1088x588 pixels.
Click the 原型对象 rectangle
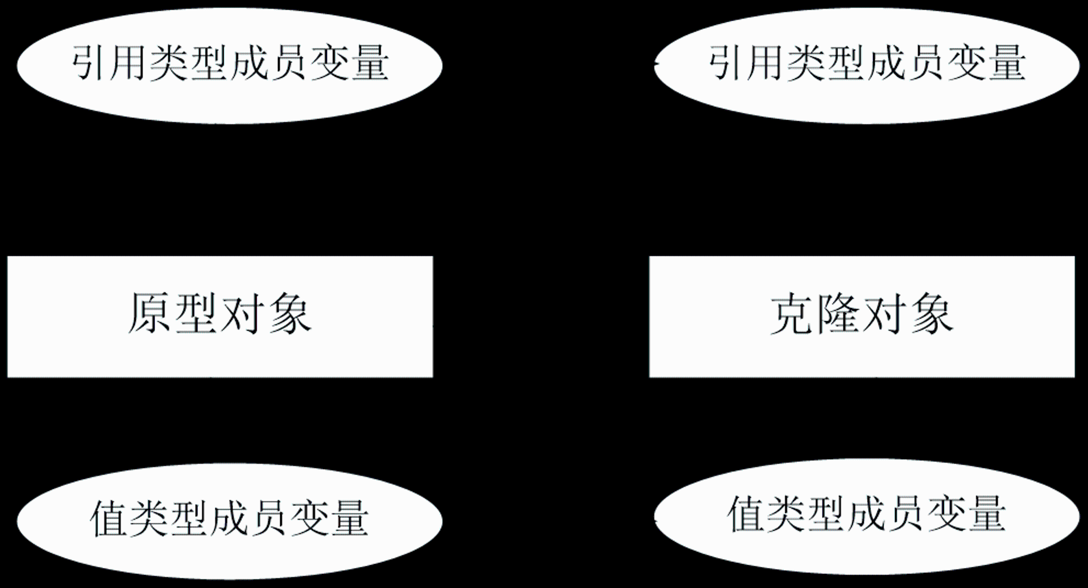220,316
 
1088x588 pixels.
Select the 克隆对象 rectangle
862,316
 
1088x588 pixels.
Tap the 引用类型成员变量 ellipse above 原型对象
230,65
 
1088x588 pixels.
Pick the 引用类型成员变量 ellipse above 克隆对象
867,65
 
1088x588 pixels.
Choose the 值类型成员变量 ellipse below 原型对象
230,521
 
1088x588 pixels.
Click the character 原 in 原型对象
150,313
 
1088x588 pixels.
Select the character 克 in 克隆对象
792,314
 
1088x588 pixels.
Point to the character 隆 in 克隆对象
838,314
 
